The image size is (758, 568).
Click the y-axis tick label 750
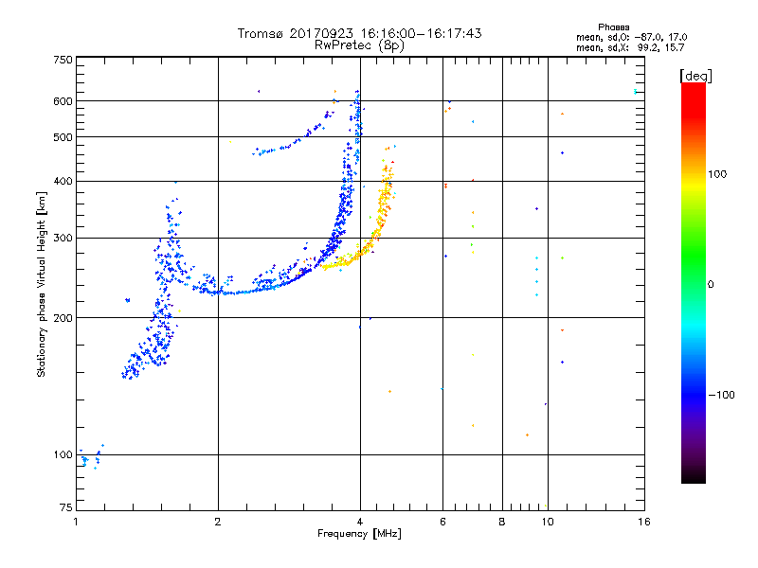point(63,59)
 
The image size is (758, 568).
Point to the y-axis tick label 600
point(63,100)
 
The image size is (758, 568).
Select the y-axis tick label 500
point(63,137)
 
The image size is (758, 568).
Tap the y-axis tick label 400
point(63,181)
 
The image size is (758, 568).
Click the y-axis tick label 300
point(63,238)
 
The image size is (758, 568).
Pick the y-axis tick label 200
point(63,317)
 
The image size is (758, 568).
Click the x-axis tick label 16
point(643,522)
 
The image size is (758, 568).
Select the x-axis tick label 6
point(442,522)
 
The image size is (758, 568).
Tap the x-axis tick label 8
point(502,522)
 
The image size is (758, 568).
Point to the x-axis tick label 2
point(218,522)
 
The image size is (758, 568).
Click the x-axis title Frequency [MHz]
point(360,535)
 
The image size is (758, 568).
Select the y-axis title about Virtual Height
point(42,285)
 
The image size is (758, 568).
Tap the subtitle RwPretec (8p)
point(360,44)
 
